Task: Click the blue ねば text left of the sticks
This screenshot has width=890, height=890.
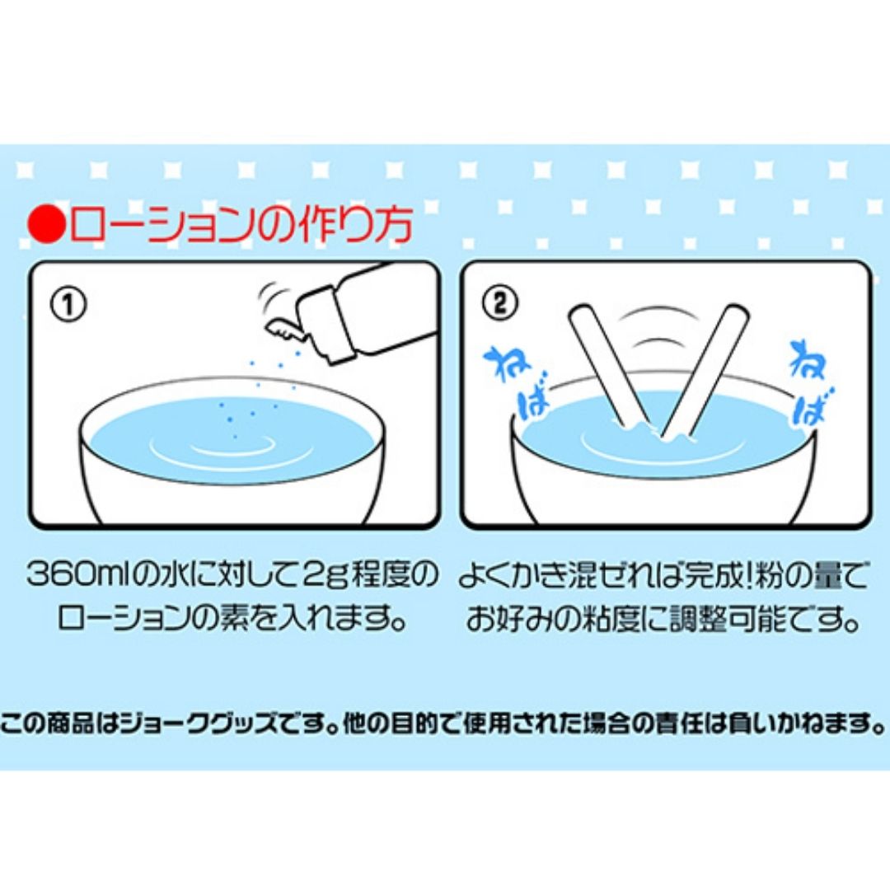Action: point(517,382)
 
